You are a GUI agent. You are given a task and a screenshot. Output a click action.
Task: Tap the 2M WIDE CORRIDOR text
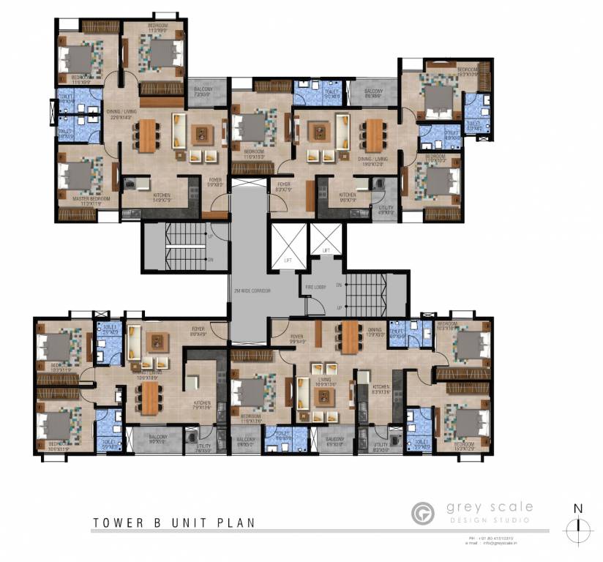252,291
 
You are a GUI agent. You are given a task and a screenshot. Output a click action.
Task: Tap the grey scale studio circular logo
422,512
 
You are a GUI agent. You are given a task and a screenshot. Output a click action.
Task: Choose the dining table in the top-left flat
147,135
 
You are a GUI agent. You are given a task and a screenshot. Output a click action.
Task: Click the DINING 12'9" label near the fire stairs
375,332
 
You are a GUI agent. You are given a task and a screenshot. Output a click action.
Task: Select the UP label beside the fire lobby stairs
339,307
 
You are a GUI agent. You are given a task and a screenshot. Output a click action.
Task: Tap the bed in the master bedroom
78,176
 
